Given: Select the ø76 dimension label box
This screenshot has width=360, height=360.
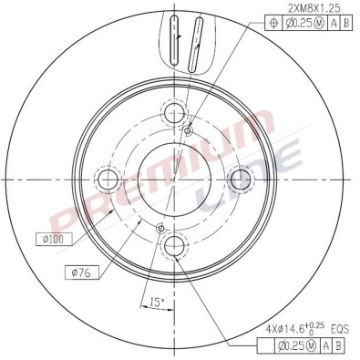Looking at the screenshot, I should [80, 272].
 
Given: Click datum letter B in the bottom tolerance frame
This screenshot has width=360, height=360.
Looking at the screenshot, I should [339, 345].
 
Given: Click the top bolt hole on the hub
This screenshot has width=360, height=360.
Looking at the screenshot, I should [174, 114].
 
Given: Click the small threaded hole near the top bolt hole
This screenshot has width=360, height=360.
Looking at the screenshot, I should [188, 129].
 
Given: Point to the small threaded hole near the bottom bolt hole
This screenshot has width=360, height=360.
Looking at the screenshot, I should [160, 228].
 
